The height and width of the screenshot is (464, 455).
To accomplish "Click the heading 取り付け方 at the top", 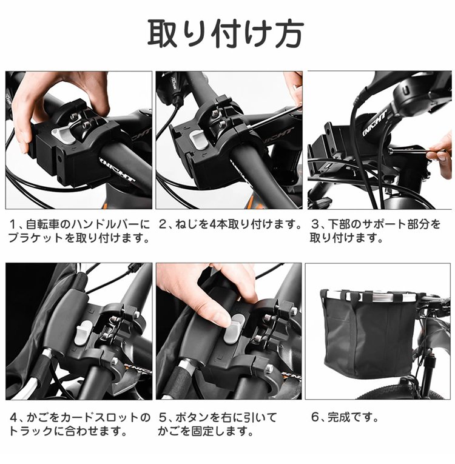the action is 226,33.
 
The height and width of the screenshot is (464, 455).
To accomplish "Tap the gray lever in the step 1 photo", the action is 63,133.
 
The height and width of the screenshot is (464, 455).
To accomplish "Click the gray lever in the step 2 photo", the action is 199,138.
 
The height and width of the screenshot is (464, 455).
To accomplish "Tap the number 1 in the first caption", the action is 12,225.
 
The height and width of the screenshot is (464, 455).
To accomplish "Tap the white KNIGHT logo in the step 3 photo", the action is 375,124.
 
